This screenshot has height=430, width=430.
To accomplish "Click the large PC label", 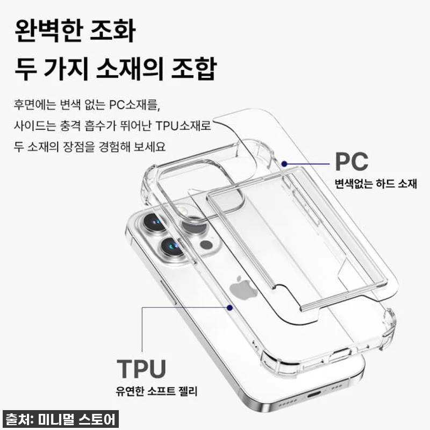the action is point(352,162).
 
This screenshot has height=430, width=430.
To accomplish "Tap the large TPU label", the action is point(141,368).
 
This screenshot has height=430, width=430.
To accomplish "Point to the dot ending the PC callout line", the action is point(284,164).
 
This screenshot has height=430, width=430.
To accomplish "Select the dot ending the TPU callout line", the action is point(230,307).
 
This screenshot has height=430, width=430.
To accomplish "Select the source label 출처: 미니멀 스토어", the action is point(61,419).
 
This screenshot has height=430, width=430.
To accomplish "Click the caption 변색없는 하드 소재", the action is point(376,183).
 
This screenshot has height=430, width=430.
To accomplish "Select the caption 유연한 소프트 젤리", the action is point(156,391).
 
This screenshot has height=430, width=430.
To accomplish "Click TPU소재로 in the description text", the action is point(183,126).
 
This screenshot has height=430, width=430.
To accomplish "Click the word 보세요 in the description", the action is point(150,147).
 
